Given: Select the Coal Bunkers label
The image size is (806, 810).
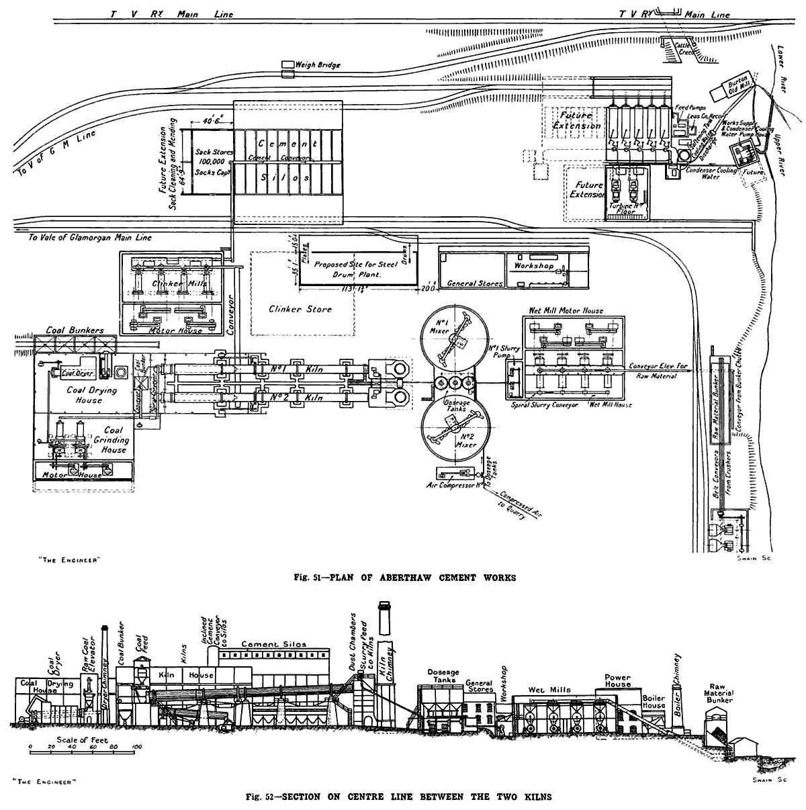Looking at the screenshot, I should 74,330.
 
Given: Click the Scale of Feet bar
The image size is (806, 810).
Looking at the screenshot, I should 84,747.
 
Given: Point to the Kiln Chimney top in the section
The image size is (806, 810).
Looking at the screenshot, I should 385,607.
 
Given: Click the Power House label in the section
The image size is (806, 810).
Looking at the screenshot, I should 617,680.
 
